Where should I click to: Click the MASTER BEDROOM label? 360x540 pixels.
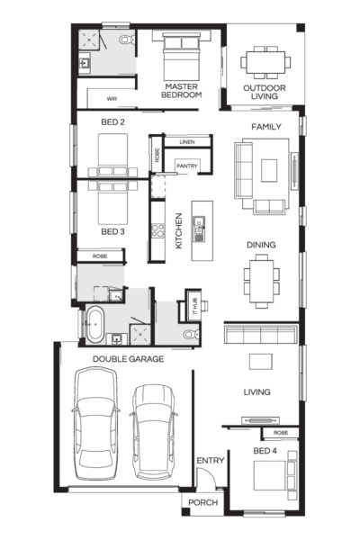181,90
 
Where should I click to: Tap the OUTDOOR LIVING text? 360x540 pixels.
266,92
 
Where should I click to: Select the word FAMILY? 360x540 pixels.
267,127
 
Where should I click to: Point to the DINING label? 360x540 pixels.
261,245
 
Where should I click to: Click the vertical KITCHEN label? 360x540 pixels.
179,231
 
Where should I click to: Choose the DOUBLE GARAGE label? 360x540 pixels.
128,358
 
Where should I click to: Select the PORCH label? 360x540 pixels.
202,502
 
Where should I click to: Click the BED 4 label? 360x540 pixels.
265,450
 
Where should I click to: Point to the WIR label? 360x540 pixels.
112,98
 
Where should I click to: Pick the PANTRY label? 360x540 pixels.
187,166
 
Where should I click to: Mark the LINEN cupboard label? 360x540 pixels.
187,142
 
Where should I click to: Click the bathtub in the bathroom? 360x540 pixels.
94,324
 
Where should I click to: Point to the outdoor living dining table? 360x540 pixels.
266,61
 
